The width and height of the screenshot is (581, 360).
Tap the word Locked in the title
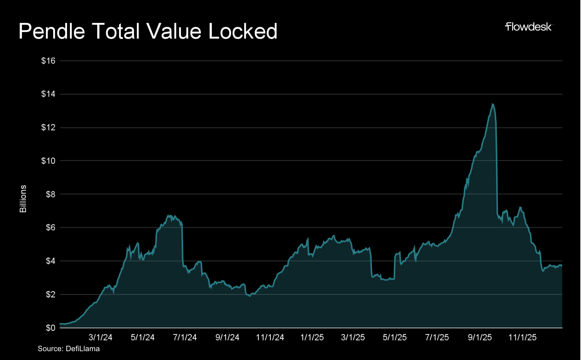(243, 32)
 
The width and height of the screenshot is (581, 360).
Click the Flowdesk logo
(528, 27)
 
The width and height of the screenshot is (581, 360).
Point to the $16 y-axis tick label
(48, 61)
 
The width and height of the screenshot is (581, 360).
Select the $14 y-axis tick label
(48, 94)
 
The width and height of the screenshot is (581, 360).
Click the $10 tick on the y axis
(48, 161)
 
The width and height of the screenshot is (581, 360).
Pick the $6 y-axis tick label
(50, 228)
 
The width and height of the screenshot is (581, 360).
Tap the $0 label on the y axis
(50, 328)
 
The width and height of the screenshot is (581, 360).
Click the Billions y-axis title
(23, 199)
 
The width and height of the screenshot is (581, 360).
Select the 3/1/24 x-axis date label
(100, 337)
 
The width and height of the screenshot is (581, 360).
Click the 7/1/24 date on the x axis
(185, 337)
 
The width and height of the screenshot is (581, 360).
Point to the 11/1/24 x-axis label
(270, 337)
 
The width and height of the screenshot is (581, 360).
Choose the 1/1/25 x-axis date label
(312, 337)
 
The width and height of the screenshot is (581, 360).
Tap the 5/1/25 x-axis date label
(394, 337)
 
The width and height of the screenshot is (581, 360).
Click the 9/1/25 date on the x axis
(480, 337)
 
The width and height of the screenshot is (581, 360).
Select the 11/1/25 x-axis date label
(522, 337)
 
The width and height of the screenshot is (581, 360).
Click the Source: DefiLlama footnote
(69, 349)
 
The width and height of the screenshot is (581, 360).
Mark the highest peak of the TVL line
(492, 104)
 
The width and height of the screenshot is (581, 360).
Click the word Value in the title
(174, 32)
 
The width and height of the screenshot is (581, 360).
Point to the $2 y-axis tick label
(50, 294)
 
